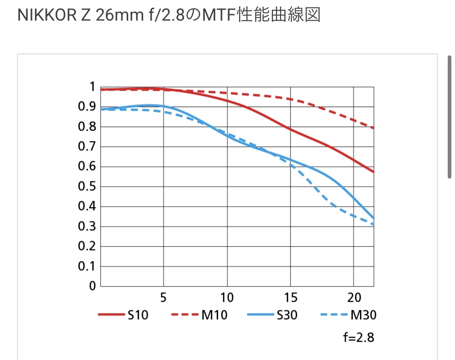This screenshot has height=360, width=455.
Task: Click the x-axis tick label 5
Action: [x=163, y=298]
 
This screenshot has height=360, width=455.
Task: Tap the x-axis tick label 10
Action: [x=227, y=298]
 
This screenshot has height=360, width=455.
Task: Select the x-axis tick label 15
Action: [x=290, y=298]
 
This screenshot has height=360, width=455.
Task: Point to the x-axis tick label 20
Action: [x=354, y=298]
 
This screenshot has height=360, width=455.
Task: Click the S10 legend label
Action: [x=138, y=315]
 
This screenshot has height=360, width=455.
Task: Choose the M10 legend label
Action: [x=214, y=315]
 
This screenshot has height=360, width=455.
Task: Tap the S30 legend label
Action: [x=287, y=315]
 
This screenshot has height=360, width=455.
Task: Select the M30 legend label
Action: [x=363, y=315]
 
